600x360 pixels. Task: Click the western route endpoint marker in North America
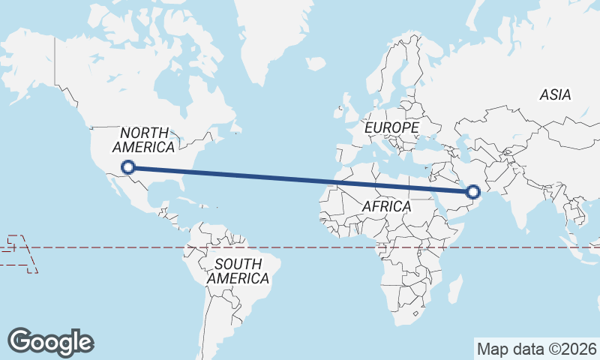(x=128, y=167)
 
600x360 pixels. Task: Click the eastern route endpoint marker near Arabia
(x=473, y=192)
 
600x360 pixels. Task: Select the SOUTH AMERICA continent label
(x=238, y=271)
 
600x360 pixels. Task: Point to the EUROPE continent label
(x=391, y=128)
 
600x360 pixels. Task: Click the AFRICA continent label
(x=386, y=206)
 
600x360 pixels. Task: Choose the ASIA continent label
(x=555, y=94)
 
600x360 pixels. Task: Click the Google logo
(x=50, y=341)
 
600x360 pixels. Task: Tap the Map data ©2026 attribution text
(x=537, y=349)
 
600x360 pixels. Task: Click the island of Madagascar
(x=452, y=289)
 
